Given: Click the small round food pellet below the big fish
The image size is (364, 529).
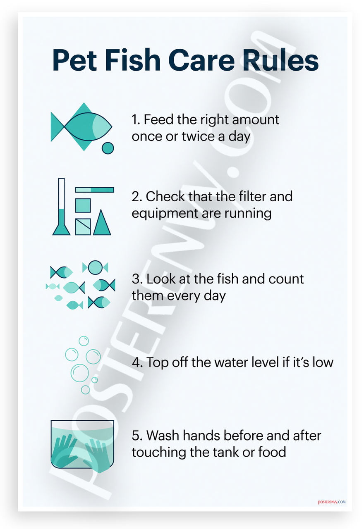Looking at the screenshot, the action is coord(108,148).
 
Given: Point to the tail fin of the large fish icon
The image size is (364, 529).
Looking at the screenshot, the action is coord(57,127).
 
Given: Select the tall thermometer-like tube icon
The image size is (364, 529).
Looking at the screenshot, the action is coord(61,206).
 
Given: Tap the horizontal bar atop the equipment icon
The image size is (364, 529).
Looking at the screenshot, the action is coord(95,190).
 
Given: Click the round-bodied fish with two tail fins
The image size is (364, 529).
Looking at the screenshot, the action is coord(95,267).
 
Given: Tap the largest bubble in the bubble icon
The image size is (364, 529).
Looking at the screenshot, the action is coord(80,373).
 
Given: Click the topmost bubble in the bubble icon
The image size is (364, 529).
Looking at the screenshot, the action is coord(84,341).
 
